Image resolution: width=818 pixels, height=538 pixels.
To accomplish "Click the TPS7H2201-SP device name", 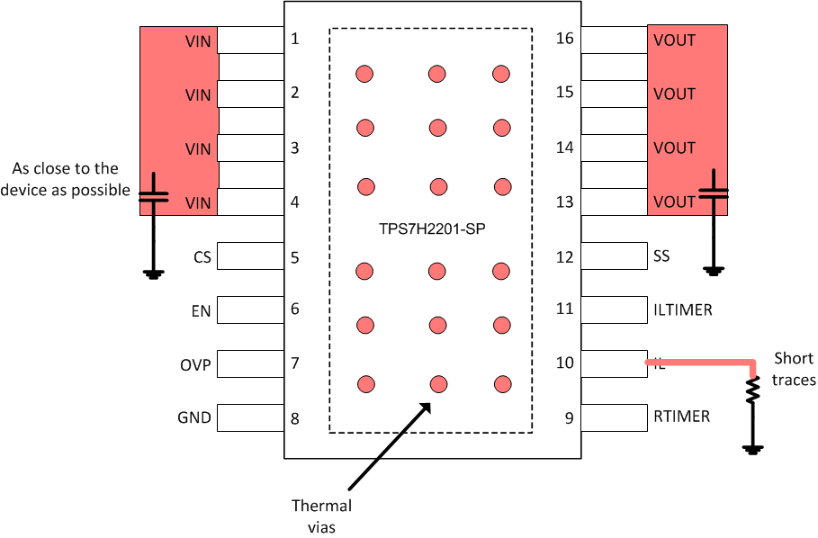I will pyautogui.click(x=432, y=229).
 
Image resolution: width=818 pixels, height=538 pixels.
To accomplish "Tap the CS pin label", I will pyautogui.click(x=202, y=257).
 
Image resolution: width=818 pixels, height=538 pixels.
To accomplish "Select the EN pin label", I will pyautogui.click(x=202, y=311).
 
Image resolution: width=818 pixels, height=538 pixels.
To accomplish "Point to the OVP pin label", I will pyautogui.click(x=195, y=365).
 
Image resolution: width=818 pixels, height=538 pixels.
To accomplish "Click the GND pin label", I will pyautogui.click(x=194, y=418).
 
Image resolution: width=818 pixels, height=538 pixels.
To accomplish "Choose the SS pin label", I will pyautogui.click(x=661, y=257).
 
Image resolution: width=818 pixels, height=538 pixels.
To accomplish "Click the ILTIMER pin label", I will pyautogui.click(x=683, y=310).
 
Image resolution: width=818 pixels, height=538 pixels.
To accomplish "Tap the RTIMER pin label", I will pyautogui.click(x=681, y=417).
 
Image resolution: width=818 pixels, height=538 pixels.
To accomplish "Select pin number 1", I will pyautogui.click(x=295, y=40).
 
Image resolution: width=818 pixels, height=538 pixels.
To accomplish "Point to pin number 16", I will pyautogui.click(x=565, y=39).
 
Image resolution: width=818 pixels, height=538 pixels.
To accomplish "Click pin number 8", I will pyautogui.click(x=295, y=417).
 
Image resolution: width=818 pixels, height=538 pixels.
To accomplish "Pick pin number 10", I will pyautogui.click(x=565, y=363).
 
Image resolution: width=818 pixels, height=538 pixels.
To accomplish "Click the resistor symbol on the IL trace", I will pyautogui.click(x=753, y=390).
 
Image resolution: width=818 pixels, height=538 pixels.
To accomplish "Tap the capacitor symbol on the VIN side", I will pyautogui.click(x=154, y=195).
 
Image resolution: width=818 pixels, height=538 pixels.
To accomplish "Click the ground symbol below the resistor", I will pyautogui.click(x=753, y=448).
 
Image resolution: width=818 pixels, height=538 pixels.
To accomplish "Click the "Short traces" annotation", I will pyautogui.click(x=795, y=370).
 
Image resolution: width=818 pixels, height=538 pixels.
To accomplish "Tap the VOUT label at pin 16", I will pyautogui.click(x=675, y=40).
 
